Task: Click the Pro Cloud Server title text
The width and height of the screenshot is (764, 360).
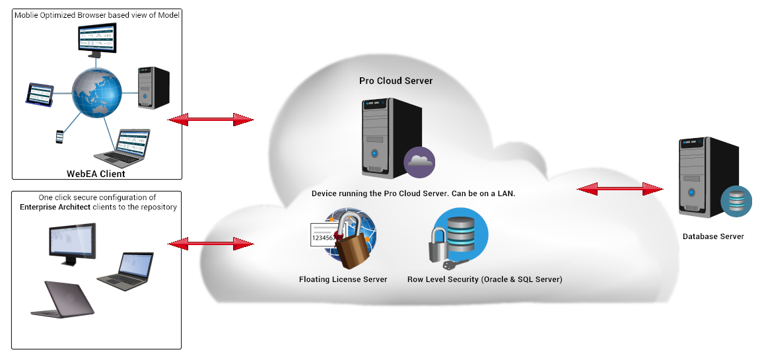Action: [x=396, y=81]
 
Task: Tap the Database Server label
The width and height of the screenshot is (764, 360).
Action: [x=713, y=236]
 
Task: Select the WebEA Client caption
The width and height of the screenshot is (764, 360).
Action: [x=96, y=174]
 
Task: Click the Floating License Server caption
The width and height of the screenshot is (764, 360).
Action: [x=343, y=279]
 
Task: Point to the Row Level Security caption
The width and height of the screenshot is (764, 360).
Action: [x=485, y=279]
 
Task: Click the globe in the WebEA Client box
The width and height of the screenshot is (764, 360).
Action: [x=97, y=96]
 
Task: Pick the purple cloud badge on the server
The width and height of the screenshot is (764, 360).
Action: [x=419, y=162]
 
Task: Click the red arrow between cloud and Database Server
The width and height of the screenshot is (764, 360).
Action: [x=619, y=190]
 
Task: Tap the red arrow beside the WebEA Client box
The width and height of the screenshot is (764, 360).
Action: [x=211, y=120]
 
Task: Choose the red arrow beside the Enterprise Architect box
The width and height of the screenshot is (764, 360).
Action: [x=211, y=244]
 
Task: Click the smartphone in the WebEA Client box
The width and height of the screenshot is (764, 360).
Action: [x=59, y=136]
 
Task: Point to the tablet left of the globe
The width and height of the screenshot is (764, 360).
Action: [x=39, y=94]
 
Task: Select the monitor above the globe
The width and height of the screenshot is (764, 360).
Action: [x=96, y=41]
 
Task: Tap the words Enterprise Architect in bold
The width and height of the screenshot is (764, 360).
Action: [x=52, y=207]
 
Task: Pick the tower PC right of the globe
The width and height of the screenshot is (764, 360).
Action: [x=153, y=88]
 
